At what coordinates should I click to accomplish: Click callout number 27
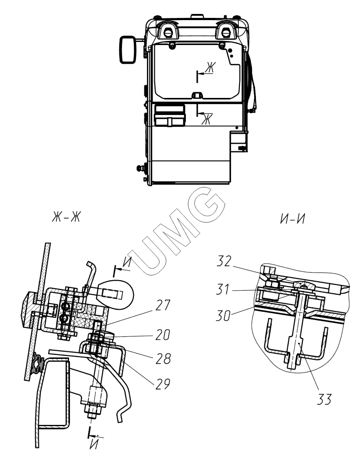click(163, 306)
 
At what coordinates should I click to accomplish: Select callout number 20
click(163, 335)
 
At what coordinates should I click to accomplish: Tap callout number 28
click(163, 359)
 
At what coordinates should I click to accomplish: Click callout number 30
click(224, 316)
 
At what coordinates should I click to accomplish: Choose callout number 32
click(224, 261)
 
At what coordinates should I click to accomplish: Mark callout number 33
click(324, 399)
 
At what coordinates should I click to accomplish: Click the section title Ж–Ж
click(66, 218)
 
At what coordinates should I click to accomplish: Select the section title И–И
click(293, 219)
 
